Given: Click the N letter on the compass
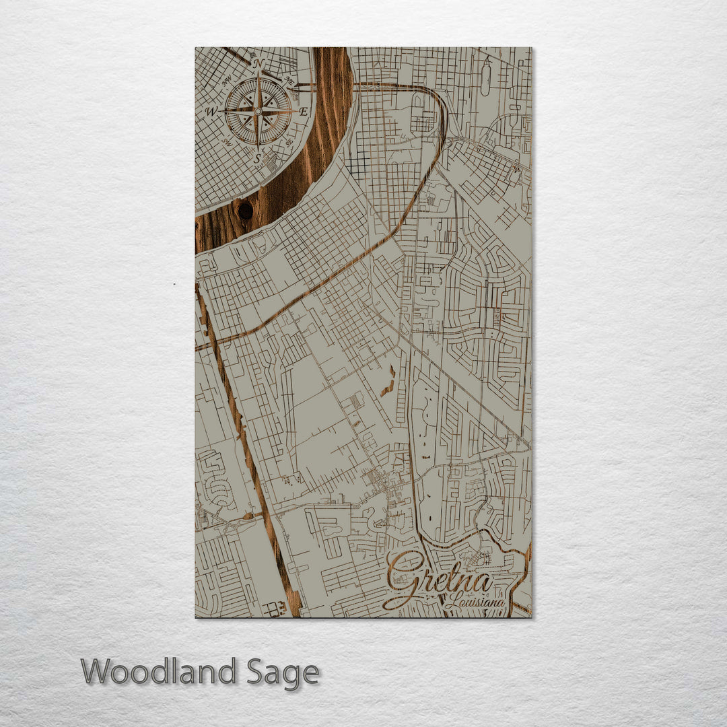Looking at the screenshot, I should (x=259, y=63).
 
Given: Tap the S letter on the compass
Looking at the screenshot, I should (x=258, y=158).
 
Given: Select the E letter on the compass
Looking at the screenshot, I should (x=304, y=112).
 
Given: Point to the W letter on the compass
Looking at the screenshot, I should (x=211, y=111).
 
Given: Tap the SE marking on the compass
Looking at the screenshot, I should (x=289, y=142).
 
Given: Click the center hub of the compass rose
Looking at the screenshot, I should (x=258, y=110).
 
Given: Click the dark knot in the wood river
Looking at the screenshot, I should (x=245, y=210).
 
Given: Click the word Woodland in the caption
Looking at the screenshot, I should (x=159, y=672).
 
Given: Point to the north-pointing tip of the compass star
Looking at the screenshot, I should (x=258, y=73).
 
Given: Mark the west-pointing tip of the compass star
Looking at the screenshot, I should (x=219, y=110).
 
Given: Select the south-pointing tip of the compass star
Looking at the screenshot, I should (x=258, y=147).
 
